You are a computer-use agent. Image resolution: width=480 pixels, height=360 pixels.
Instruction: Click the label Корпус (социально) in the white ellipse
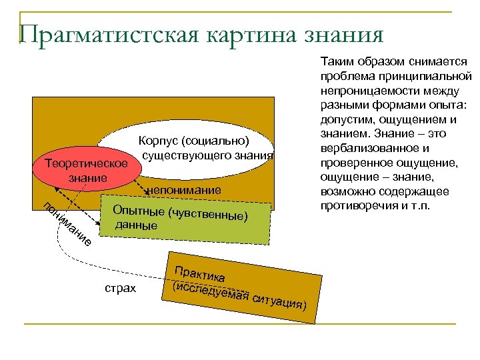click(193, 141)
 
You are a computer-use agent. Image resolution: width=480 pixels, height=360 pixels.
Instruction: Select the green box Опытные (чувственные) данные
click(187, 217)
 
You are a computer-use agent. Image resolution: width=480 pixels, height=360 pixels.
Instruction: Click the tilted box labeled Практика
click(240, 284)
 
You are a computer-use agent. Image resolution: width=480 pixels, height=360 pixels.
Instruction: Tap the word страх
click(121, 288)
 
